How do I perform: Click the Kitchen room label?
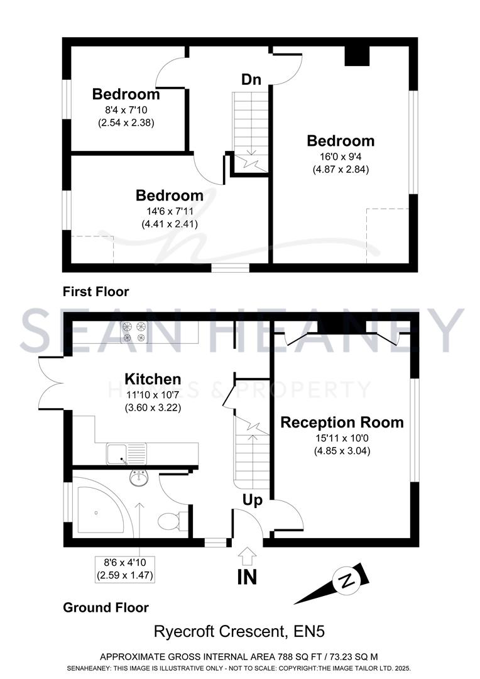click(153, 379)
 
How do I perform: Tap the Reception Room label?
click(342, 422)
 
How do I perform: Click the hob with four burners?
click(134, 332)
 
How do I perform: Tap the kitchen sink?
click(126, 453)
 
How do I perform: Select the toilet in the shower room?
click(172, 520)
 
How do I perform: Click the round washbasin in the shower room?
click(138, 477)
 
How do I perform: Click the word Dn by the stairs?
click(251, 79)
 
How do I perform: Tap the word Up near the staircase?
click(253, 500)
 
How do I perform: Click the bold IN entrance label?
click(247, 577)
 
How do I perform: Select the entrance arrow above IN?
click(247, 556)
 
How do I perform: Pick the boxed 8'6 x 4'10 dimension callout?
click(124, 570)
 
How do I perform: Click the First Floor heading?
click(95, 292)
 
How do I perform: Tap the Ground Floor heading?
click(106, 607)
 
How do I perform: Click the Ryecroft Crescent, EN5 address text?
click(239, 631)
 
